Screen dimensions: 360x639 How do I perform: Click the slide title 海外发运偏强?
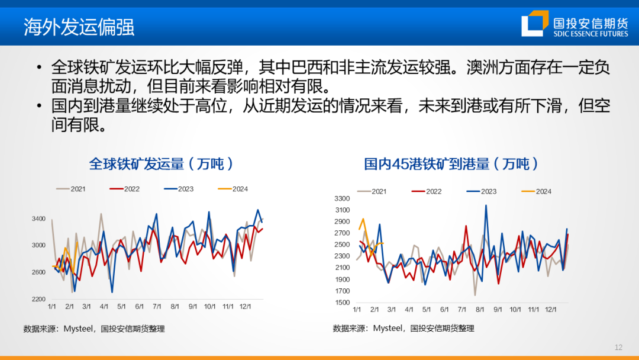pyautogui.click(x=79, y=27)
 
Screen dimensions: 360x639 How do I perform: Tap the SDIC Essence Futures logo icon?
pyautogui.click(x=534, y=23)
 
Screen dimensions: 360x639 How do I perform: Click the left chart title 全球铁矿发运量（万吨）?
pyautogui.click(x=161, y=163)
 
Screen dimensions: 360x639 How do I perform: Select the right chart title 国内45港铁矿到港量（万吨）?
pyautogui.click(x=451, y=163)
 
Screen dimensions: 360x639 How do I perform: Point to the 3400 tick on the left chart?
pyautogui.click(x=38, y=219)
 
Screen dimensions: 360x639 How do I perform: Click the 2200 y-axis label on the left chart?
pyautogui.click(x=38, y=299)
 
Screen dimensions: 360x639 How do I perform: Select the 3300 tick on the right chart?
pyautogui.click(x=343, y=198)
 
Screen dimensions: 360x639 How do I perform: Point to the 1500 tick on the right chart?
pyautogui.click(x=343, y=303)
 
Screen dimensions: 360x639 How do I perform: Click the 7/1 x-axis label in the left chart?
pyautogui.click(x=157, y=307)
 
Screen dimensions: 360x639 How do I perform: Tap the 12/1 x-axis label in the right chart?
pyautogui.click(x=550, y=310)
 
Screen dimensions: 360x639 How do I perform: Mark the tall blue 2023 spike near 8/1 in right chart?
pyautogui.click(x=486, y=205)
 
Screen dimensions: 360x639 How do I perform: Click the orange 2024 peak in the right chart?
pyautogui.click(x=363, y=219)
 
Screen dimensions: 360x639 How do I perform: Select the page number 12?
pyautogui.click(x=619, y=348)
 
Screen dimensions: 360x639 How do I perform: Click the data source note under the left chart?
pyautogui.click(x=94, y=329)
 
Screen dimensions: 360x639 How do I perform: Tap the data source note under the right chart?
pyautogui.click(x=404, y=328)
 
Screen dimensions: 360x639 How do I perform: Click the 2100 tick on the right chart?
pyautogui.click(x=343, y=268)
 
